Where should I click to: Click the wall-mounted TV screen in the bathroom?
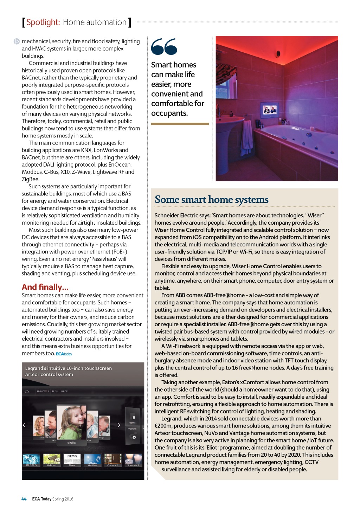(x=270, y=110)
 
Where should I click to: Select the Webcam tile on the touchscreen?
(x=51, y=460)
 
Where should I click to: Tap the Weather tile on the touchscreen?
(x=92, y=460)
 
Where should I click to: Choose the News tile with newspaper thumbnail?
(x=72, y=460)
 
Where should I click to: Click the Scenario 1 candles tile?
(x=133, y=460)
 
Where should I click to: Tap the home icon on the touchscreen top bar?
(x=27, y=391)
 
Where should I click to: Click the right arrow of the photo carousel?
(x=119, y=425)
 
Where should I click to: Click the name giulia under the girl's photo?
(x=71, y=443)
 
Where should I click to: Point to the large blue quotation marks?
(x=164, y=47)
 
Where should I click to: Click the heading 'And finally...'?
(x=45, y=287)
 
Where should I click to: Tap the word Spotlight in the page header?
(x=43, y=22)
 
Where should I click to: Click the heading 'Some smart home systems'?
(x=211, y=200)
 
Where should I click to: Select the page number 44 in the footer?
(x=24, y=499)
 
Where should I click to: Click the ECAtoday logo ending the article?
(x=64, y=354)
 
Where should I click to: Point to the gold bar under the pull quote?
(x=180, y=124)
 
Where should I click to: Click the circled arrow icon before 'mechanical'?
(x=17, y=41)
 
